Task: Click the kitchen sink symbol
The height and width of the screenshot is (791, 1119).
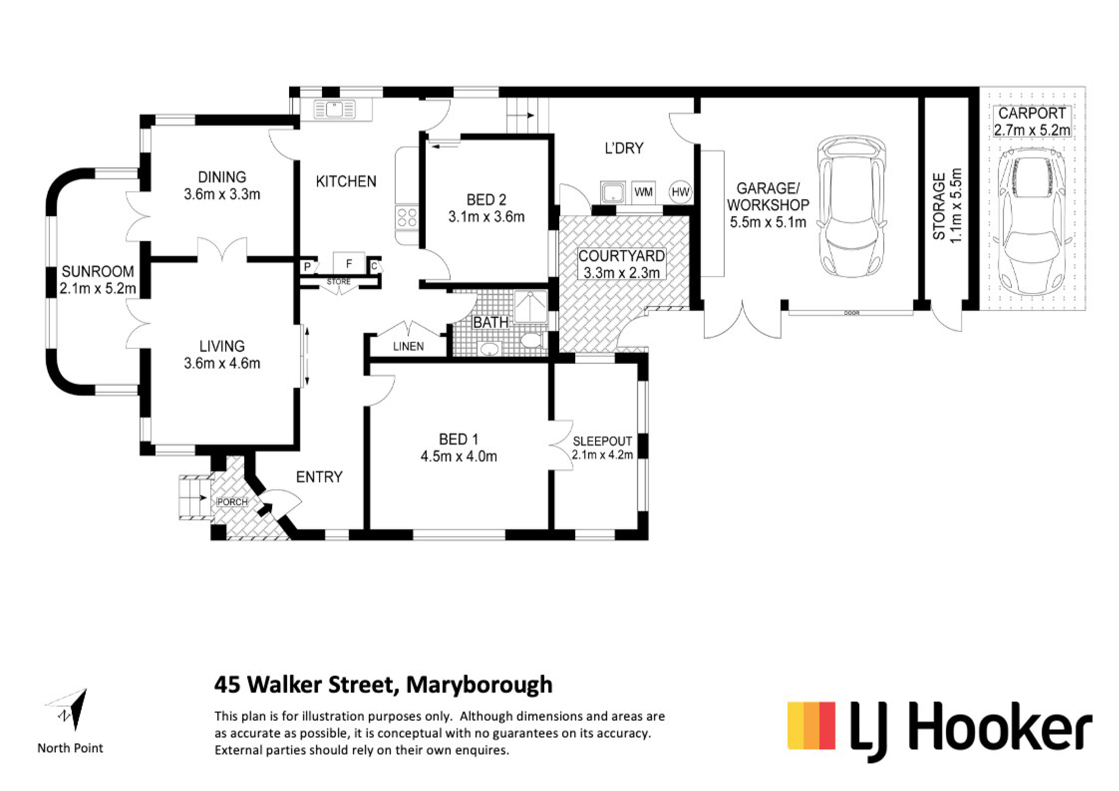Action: pyautogui.click(x=334, y=110)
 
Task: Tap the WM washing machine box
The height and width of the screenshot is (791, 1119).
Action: pyautogui.click(x=643, y=192)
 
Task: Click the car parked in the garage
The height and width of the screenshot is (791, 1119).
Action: pyautogui.click(x=851, y=206)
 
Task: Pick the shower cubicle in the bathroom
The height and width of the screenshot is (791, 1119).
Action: pyautogui.click(x=531, y=307)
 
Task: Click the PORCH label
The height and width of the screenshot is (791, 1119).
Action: pyautogui.click(x=233, y=502)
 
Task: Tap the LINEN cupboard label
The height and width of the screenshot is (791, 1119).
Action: pyautogui.click(x=408, y=346)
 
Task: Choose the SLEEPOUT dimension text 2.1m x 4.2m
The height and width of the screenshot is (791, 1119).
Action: pyautogui.click(x=602, y=455)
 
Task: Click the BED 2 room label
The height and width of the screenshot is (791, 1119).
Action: pyautogui.click(x=486, y=200)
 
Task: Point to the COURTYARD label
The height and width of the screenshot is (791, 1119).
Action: pyautogui.click(x=621, y=256)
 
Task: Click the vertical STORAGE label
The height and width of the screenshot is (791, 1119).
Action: pyautogui.click(x=939, y=206)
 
